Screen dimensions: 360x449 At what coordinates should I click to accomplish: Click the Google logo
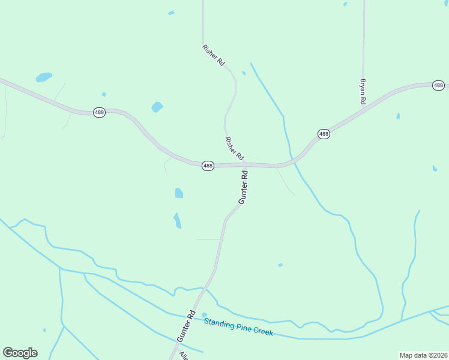coord(20,353)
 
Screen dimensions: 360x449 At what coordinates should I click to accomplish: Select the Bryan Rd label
coord(363,92)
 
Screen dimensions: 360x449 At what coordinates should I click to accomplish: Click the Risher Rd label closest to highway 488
coord(234,148)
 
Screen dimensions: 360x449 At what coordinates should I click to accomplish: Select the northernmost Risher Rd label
coord(213,54)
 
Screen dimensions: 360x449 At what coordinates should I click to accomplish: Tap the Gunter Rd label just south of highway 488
coord(244,187)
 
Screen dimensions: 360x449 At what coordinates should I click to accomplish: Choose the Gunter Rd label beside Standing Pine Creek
coord(187,326)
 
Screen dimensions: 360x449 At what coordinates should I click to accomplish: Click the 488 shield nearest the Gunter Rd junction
coord(208,166)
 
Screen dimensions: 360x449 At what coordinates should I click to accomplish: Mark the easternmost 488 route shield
coord(438,86)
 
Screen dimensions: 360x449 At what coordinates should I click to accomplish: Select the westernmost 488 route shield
coord(100,112)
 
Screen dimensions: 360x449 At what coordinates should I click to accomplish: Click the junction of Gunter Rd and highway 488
coord(245,164)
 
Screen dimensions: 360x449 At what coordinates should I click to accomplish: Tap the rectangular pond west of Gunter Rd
coord(179,193)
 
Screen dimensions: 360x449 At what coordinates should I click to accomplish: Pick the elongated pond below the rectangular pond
coord(177,220)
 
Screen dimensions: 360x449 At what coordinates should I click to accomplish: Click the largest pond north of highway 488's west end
coord(43,77)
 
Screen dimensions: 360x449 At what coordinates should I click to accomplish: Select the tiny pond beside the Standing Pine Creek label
coord(204,314)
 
